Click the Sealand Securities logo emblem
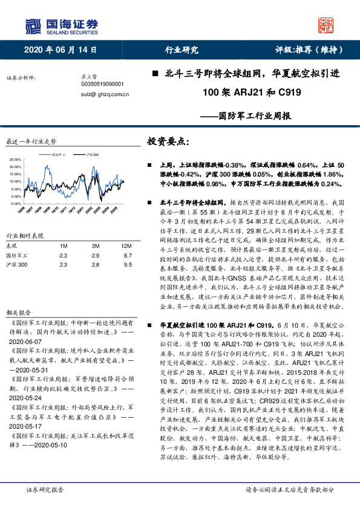[x=32, y=26]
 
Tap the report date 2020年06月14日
[x=61, y=50]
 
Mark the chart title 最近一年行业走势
[x=31, y=141]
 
